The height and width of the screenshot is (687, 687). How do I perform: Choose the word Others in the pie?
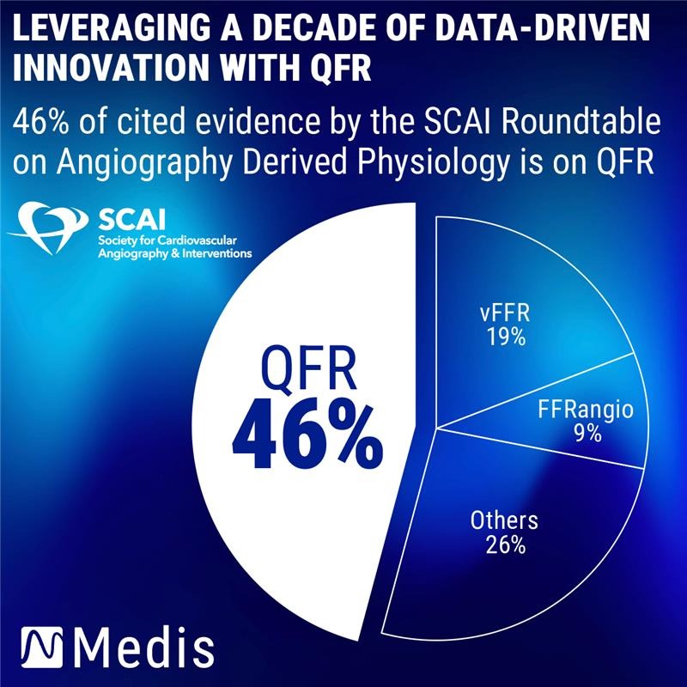pos(504,520)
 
